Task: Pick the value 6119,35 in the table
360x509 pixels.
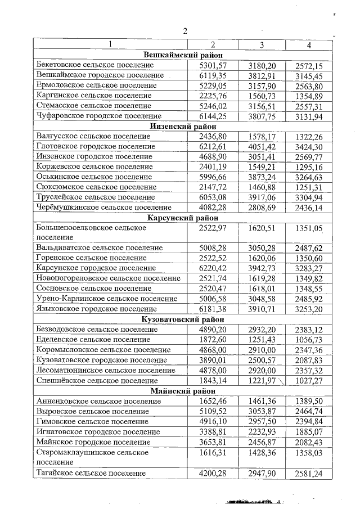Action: [213, 75]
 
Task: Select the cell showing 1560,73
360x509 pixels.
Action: [262, 96]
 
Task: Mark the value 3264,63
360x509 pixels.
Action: [309, 177]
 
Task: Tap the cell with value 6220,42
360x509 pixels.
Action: [213, 268]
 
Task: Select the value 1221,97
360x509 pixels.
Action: [262, 380]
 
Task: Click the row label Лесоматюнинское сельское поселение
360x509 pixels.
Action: [105, 370]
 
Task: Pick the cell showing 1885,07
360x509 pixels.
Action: [309, 431]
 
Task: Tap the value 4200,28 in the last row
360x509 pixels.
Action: [213, 474]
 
